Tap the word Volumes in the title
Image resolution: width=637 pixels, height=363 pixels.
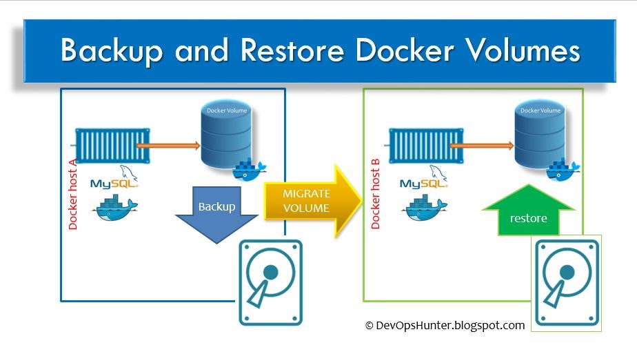(x=519, y=51)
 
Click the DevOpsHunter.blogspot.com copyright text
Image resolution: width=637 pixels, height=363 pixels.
(x=445, y=325)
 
